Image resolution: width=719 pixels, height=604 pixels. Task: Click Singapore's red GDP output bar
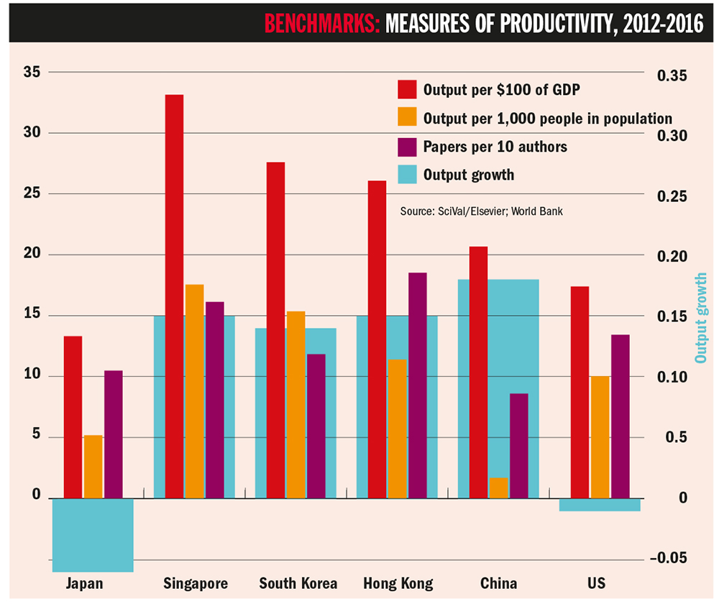[x=173, y=296]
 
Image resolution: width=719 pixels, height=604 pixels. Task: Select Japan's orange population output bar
[x=93, y=467]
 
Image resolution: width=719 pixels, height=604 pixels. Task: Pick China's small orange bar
[x=498, y=488]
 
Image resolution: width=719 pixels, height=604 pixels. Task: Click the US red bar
[x=580, y=392]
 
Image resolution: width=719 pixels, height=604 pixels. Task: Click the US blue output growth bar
[x=599, y=505]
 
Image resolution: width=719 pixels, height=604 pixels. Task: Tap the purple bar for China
[x=518, y=446]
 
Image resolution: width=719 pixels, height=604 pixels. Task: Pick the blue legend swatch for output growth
[x=407, y=174]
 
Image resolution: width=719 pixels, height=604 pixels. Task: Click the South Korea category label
[x=298, y=583]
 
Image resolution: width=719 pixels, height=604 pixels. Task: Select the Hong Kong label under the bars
[x=398, y=583]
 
